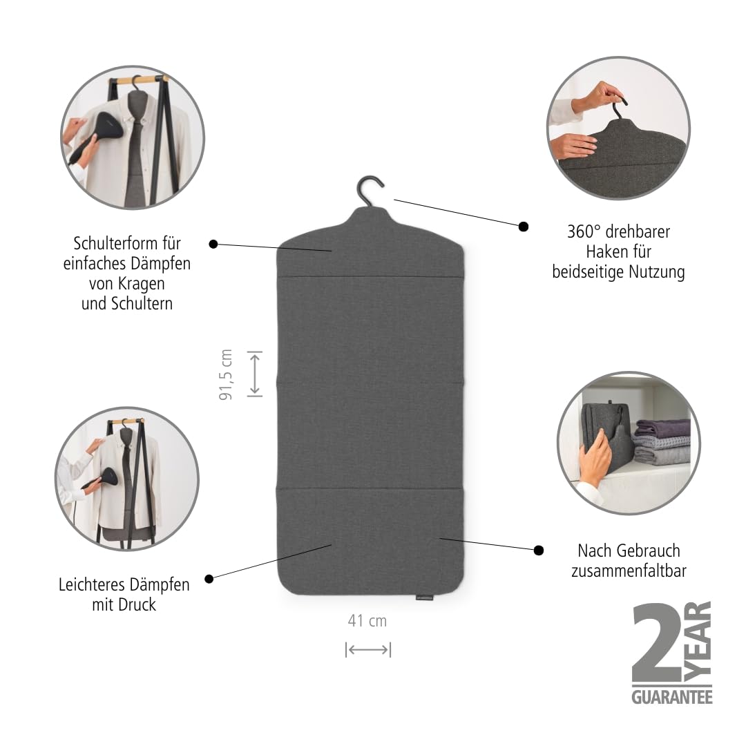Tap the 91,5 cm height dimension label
coord(226,374)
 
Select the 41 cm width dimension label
coord(367,621)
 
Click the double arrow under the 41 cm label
coord(368,649)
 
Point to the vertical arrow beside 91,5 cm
coord(255,374)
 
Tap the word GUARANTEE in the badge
coord(672,698)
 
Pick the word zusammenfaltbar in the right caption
coord(629,571)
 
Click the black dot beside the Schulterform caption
coord(213,244)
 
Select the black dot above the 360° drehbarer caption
coord(524,227)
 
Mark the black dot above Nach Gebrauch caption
coord(539,551)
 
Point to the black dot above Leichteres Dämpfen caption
coord(209,579)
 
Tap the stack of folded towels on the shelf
coord(662,441)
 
